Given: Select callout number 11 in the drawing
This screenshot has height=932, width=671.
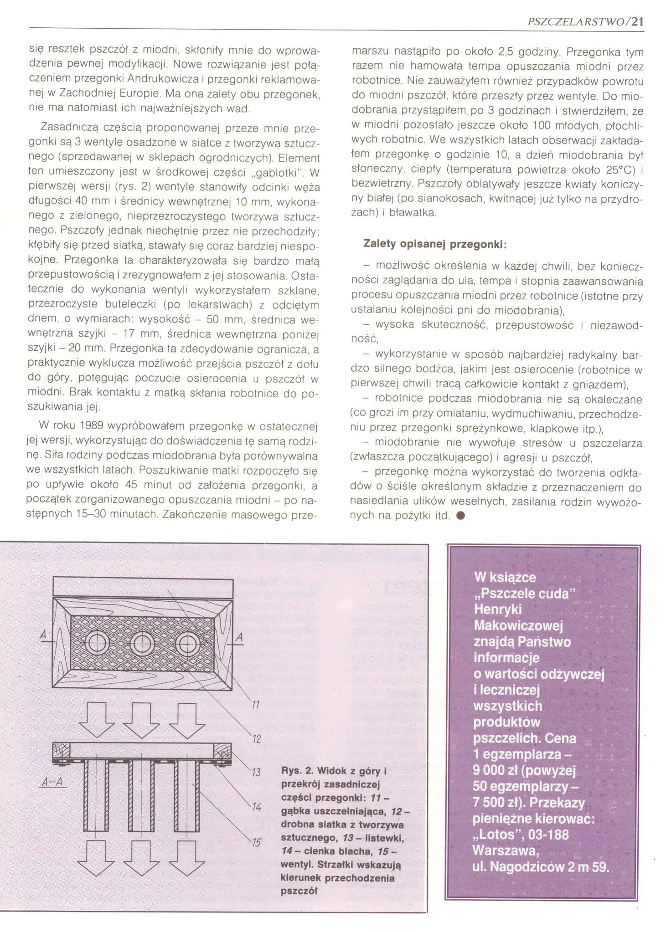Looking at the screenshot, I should pyautogui.click(x=255, y=706).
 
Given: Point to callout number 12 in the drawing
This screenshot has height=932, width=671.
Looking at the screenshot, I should pyautogui.click(x=256, y=739).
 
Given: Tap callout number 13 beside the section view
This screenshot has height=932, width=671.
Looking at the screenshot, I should pyautogui.click(x=256, y=773).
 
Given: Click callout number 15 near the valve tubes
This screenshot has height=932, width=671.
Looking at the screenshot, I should pyautogui.click(x=257, y=842).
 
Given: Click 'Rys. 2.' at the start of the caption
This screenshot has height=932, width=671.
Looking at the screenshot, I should pyautogui.click(x=295, y=771).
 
